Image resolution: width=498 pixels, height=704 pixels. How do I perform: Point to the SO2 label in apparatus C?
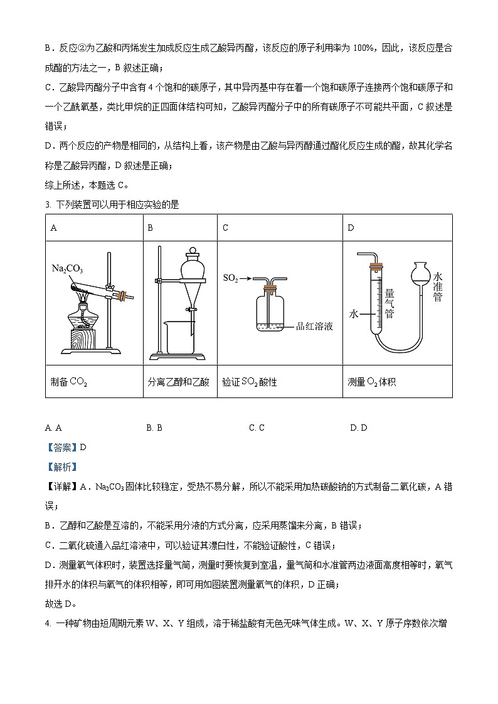point(230,276)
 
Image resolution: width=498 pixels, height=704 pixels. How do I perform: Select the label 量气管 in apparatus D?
point(389,304)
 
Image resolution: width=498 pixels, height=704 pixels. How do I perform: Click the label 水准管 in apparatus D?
point(437,287)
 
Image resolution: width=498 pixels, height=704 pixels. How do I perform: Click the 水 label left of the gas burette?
point(354,315)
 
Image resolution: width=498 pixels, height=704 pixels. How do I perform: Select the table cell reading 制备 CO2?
point(69,381)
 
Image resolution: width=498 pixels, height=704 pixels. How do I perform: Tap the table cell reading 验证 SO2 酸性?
point(250,381)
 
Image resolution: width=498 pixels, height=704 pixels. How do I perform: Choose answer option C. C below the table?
point(257,428)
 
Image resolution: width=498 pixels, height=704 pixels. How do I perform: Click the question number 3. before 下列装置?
point(48,204)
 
